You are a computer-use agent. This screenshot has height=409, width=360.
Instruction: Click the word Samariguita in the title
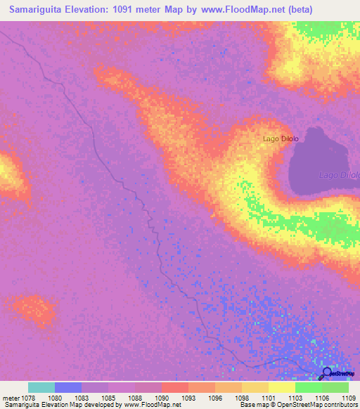(41, 10)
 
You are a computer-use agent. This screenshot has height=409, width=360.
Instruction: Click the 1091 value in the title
(143, 10)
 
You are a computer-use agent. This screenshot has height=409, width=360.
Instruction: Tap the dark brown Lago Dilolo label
(281, 138)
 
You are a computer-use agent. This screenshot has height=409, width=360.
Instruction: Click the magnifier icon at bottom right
(326, 374)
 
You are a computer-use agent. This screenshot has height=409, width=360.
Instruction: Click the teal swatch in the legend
(41, 387)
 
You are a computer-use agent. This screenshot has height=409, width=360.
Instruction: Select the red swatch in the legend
(175, 387)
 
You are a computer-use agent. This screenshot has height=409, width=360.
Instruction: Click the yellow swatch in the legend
(282, 387)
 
